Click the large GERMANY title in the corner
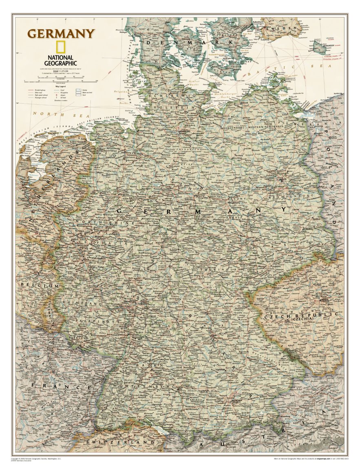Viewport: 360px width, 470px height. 61,33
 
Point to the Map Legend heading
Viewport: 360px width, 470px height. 49,85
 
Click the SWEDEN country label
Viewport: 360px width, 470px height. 281,29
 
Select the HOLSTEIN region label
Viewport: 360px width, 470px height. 179,107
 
